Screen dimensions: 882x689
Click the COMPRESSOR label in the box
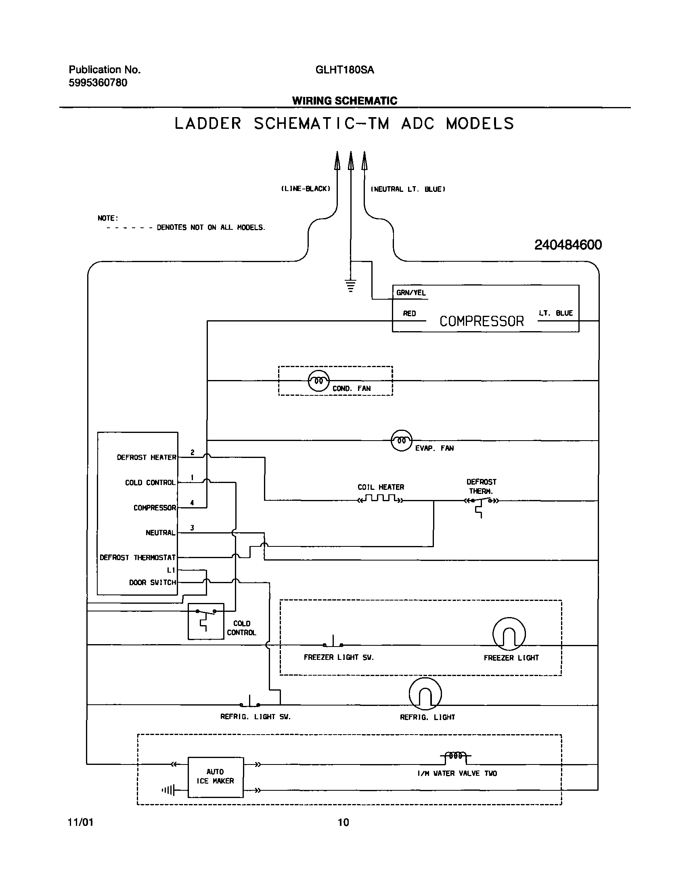(x=481, y=321)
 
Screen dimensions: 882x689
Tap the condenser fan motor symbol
(x=318, y=380)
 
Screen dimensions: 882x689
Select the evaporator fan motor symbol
(x=402, y=440)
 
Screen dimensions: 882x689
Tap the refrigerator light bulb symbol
(x=425, y=694)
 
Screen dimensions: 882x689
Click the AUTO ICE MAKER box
(x=216, y=777)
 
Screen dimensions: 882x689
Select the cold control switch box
(x=206, y=621)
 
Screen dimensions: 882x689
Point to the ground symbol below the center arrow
(x=351, y=285)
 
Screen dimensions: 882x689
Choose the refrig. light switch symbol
(x=250, y=703)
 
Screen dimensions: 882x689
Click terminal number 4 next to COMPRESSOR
(x=192, y=503)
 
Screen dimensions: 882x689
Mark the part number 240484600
(x=568, y=245)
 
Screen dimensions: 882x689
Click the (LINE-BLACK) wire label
(x=306, y=189)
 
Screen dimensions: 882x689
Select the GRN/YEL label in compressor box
(x=411, y=293)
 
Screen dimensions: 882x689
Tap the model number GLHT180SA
(x=345, y=70)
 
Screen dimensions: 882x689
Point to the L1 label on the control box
(x=171, y=570)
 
